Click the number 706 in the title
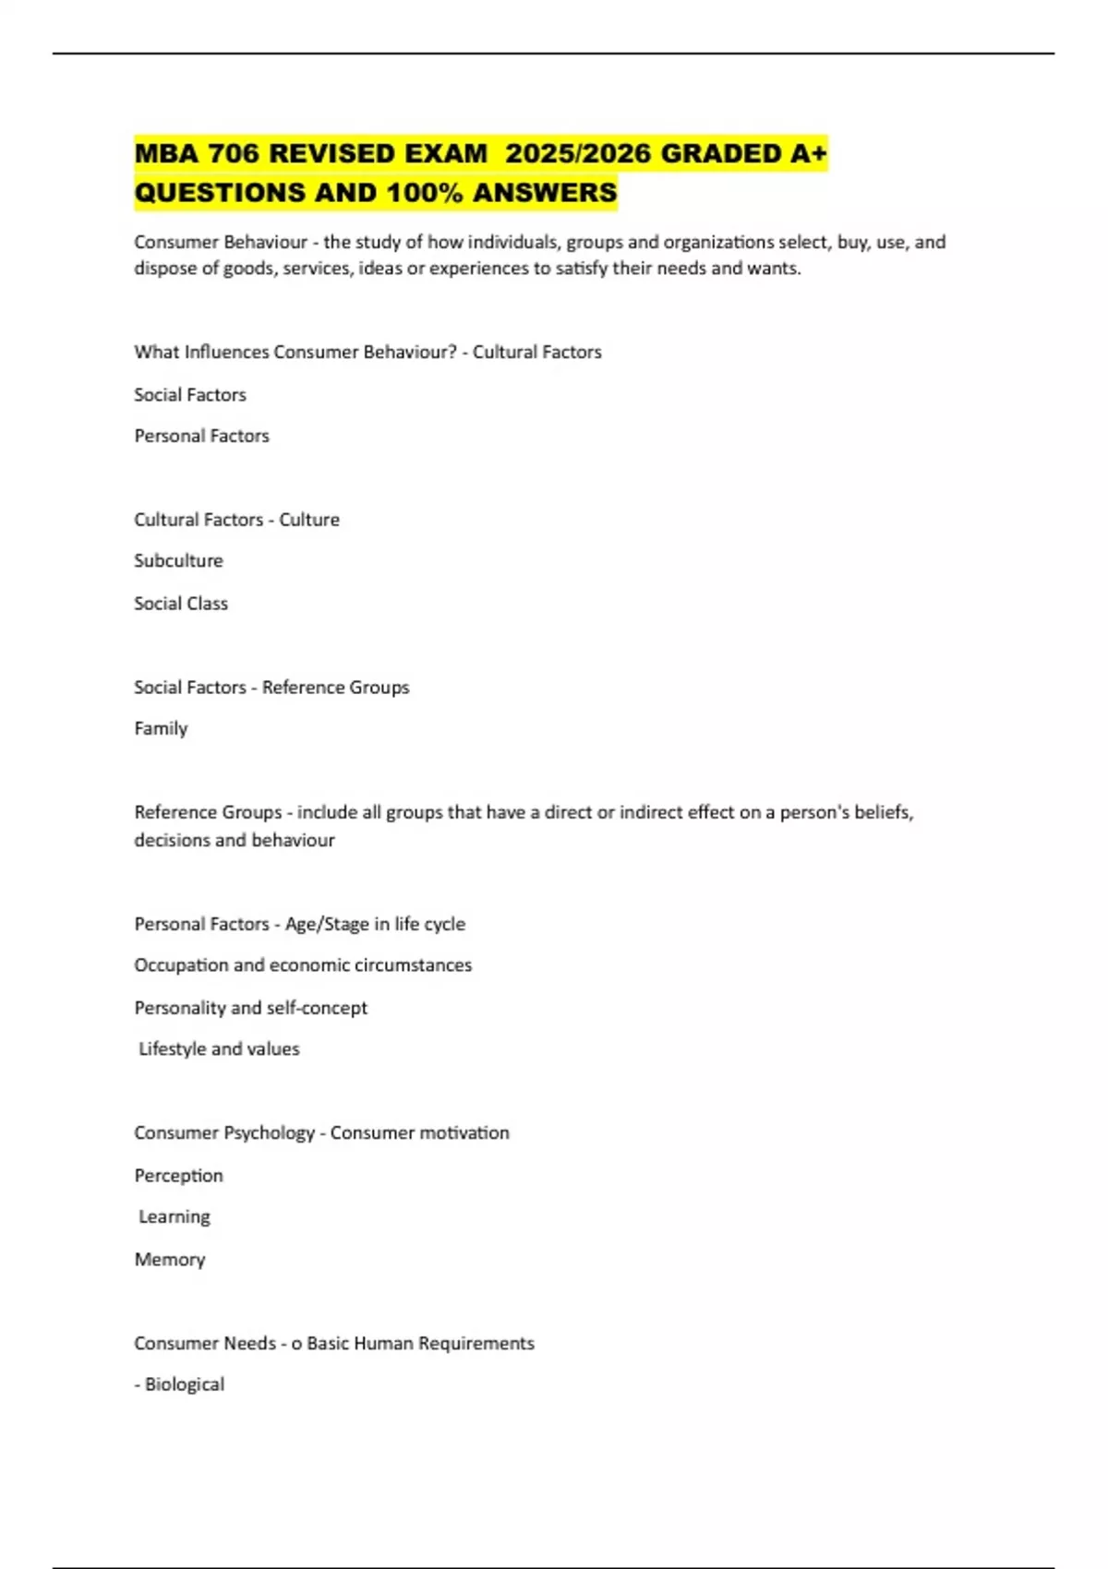click(235, 153)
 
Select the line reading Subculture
click(178, 560)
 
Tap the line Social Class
click(181, 604)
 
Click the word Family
click(161, 728)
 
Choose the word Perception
click(178, 1176)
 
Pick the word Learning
click(175, 1216)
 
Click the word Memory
click(170, 1260)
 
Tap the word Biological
click(185, 1384)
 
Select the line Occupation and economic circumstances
click(303, 965)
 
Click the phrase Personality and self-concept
click(250, 1008)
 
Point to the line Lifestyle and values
click(219, 1048)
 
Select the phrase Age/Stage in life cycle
click(375, 924)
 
